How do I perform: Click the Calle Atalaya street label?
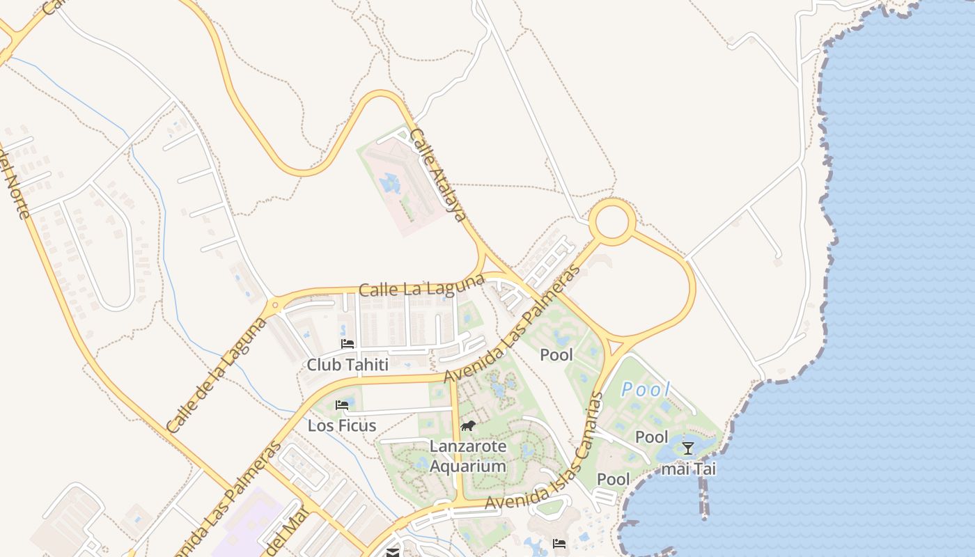click(x=437, y=175)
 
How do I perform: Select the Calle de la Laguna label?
click(x=217, y=376)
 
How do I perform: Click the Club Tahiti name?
click(x=348, y=365)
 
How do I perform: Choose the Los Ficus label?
click(x=342, y=425)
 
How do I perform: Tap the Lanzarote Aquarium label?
click(x=467, y=456)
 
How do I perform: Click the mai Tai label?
click(x=688, y=469)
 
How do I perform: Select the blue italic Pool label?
click(x=646, y=390)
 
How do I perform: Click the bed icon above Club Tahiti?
click(x=348, y=344)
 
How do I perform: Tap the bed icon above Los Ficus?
click(x=342, y=405)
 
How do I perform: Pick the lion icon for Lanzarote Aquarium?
click(x=467, y=425)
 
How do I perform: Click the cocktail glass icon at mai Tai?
click(x=688, y=448)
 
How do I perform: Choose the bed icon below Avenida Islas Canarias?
click(x=559, y=544)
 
